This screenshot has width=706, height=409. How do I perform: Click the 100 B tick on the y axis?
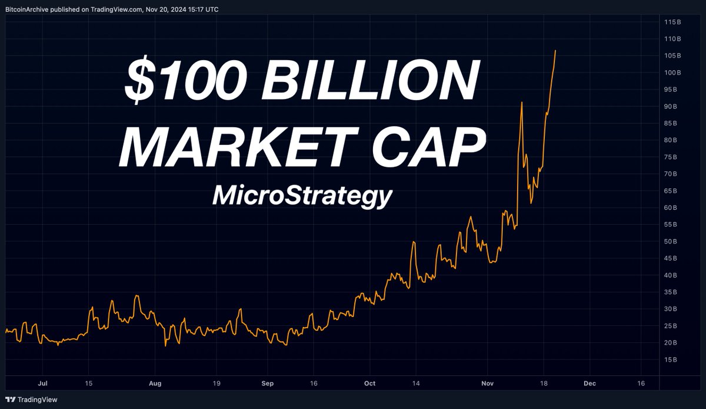click(672, 72)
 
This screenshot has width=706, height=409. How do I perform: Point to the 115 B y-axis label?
click(672, 22)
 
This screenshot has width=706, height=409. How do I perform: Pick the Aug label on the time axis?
click(155, 383)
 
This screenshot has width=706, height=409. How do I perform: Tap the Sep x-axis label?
click(268, 383)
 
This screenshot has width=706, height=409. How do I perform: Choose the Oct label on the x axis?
click(369, 383)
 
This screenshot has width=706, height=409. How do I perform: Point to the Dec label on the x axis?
click(589, 383)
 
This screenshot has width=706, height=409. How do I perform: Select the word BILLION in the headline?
click(371, 82)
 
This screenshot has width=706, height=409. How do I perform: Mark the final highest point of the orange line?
click(556, 51)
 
